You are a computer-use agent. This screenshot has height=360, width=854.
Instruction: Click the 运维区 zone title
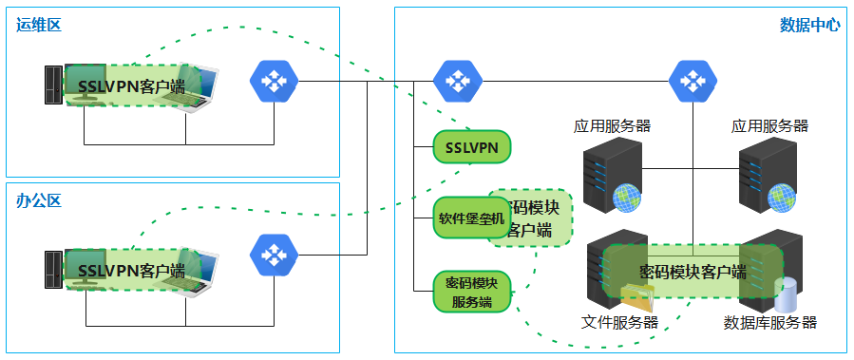coord(39,25)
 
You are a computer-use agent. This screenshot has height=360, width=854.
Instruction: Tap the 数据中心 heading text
coord(809,25)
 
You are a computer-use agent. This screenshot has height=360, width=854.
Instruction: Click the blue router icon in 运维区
coord(274,82)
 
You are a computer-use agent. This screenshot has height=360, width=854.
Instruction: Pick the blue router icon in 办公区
coord(274,255)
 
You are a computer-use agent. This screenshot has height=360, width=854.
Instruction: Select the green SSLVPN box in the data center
coord(472,147)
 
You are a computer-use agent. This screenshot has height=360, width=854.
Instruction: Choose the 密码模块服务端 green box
coord(472,292)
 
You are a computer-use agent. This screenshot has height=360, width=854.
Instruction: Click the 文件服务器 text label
coord(619,322)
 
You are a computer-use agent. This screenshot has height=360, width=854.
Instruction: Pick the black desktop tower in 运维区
coord(54,87)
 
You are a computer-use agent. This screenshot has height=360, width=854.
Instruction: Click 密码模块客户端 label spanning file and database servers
coord(693,272)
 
